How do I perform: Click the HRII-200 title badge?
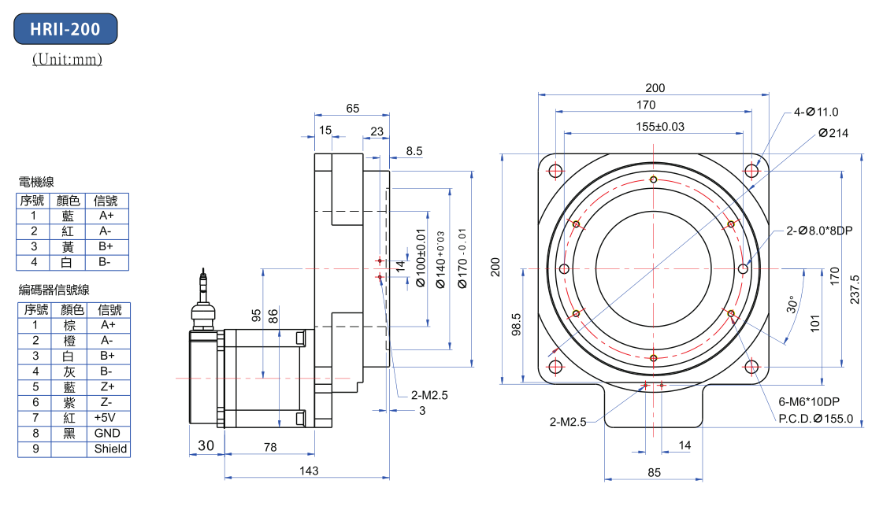point(65,29)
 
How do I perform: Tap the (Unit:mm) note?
point(67,59)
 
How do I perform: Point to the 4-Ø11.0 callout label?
point(816,112)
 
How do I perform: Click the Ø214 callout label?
point(833,133)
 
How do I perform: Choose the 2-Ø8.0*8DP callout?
point(820,231)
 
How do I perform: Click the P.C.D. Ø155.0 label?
point(815,418)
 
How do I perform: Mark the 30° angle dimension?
point(793,304)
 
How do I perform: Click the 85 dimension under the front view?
point(654,472)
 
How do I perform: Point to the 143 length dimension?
point(309,471)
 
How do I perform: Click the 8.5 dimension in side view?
point(414,150)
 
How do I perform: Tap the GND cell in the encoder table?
point(107,434)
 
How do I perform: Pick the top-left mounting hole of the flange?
point(555,172)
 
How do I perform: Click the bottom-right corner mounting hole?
point(752,367)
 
